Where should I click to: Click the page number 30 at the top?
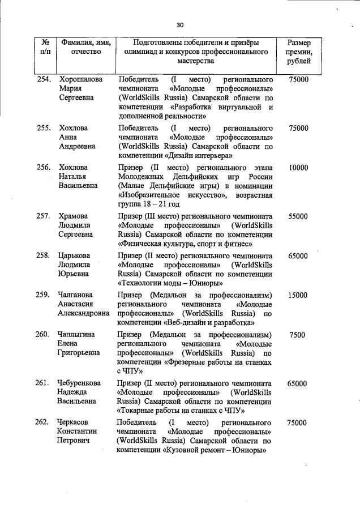point(180,25)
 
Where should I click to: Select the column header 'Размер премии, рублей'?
point(298,52)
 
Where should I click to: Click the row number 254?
point(45,80)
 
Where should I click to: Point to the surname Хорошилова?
point(80,80)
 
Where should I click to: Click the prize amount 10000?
point(298,168)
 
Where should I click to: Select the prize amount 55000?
point(298,216)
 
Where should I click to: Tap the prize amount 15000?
point(298,295)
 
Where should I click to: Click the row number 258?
point(45,255)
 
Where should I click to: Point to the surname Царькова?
point(74,255)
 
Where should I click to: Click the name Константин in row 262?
point(77,432)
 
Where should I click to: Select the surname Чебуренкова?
point(82,383)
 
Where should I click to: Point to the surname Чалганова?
point(76,295)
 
